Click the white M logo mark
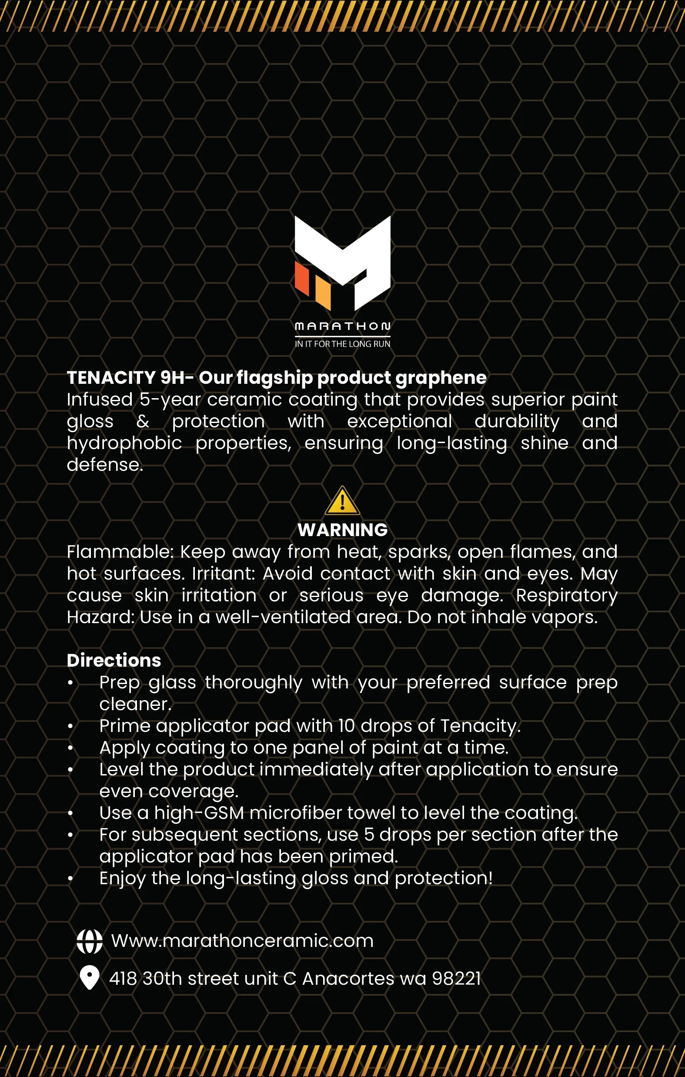tap(353, 255)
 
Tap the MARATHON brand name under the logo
tap(343, 326)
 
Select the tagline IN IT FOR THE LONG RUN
tap(343, 344)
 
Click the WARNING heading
tap(343, 530)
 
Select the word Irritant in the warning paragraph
tap(223, 574)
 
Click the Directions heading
tap(114, 660)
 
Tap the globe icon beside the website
tap(90, 942)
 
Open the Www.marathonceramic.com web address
tap(242, 941)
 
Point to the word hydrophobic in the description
tap(124, 443)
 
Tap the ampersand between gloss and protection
tap(143, 421)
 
